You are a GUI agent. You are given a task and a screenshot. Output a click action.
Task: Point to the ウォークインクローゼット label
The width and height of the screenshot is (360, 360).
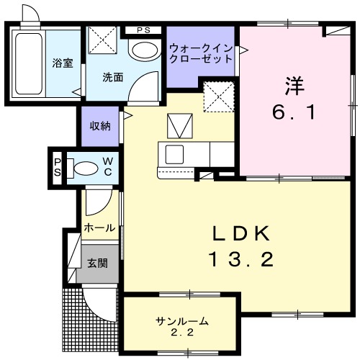[x=201, y=53]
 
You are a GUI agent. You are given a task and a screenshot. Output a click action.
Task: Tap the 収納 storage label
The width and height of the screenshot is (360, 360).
[x=100, y=126]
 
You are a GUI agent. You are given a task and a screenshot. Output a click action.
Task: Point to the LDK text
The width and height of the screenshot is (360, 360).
[x=240, y=235]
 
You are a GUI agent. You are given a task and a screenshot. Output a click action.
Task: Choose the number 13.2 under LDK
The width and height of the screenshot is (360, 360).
[x=240, y=259]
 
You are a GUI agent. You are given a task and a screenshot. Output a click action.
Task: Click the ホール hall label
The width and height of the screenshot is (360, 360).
[x=99, y=228]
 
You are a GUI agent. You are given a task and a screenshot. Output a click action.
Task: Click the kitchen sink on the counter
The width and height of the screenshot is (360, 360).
[x=174, y=154]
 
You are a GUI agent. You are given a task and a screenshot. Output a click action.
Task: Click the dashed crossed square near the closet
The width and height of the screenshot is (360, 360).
[x=217, y=96]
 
